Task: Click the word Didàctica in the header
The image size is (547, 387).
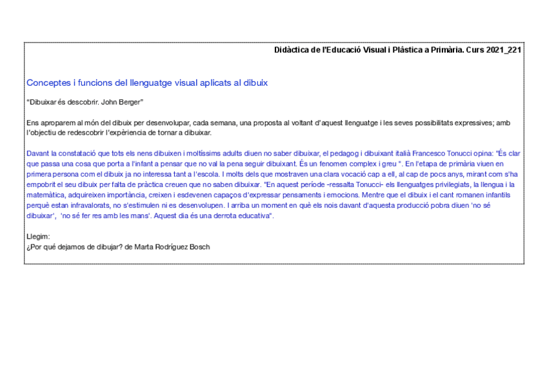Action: click(291, 50)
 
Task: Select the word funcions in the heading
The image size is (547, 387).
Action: click(92, 83)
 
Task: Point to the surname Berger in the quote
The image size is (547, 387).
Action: click(127, 103)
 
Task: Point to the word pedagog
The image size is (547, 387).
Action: click(344, 153)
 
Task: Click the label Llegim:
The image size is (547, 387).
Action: click(38, 236)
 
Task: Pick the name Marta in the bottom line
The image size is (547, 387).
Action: click(144, 246)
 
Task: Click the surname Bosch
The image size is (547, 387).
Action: click(197, 246)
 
